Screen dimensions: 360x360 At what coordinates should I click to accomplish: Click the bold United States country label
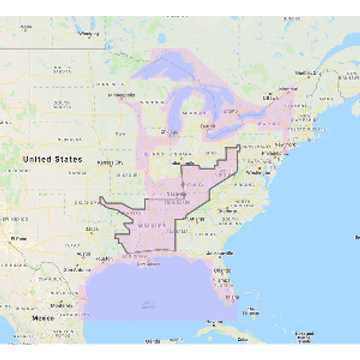click(52, 158)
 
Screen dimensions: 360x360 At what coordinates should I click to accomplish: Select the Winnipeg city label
click(89, 34)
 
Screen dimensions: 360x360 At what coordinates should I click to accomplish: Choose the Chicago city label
click(170, 131)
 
